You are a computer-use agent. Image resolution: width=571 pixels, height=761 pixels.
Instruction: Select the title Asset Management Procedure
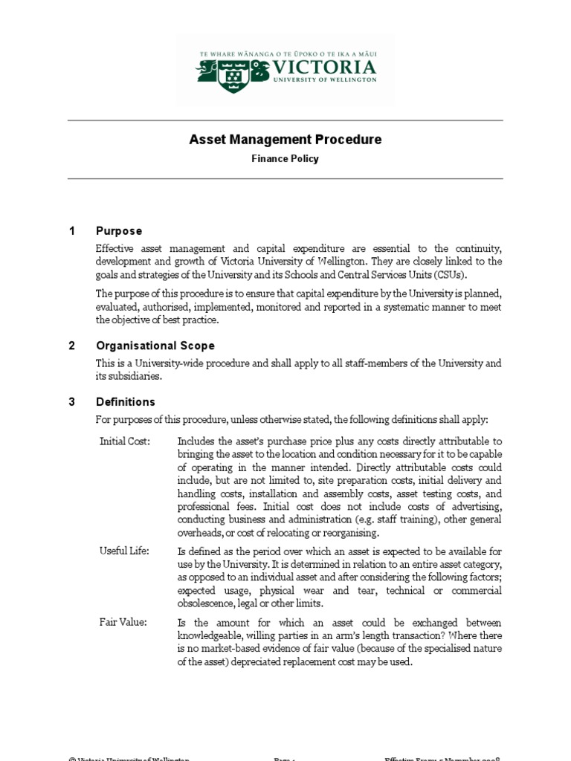coord(285,140)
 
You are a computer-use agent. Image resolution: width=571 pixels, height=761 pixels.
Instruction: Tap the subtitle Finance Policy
coord(285,158)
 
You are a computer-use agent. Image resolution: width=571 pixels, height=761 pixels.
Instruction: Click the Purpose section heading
coord(119,231)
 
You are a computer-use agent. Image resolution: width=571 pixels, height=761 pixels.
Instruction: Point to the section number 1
coord(72,231)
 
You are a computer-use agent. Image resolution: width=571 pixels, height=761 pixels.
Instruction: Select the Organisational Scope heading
coord(155,346)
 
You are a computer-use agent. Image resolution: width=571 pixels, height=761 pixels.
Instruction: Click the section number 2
coord(72,346)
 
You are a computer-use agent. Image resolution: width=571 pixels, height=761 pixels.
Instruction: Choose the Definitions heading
coord(126,402)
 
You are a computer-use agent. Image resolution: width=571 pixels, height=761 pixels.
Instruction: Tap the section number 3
coord(72,402)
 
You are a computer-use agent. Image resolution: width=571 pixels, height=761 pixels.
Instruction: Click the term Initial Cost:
coord(125,441)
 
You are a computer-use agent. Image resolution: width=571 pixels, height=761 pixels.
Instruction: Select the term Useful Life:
coord(124,551)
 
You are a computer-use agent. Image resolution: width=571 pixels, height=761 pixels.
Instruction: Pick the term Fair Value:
coord(123,622)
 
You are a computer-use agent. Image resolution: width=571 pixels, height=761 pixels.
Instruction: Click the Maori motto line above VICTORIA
coord(286,54)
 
